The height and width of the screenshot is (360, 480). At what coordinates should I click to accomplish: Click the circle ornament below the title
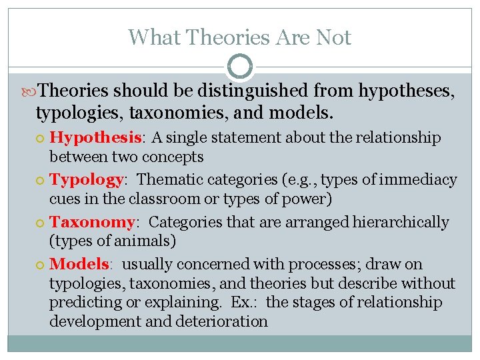240,67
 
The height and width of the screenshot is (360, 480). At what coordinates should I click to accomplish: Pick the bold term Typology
87,180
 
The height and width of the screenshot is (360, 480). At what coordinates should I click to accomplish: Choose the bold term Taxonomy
91,222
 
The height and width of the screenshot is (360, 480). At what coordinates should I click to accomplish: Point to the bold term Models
79,264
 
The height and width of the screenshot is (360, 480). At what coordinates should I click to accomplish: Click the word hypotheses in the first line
406,91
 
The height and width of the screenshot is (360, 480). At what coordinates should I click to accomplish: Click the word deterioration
221,322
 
